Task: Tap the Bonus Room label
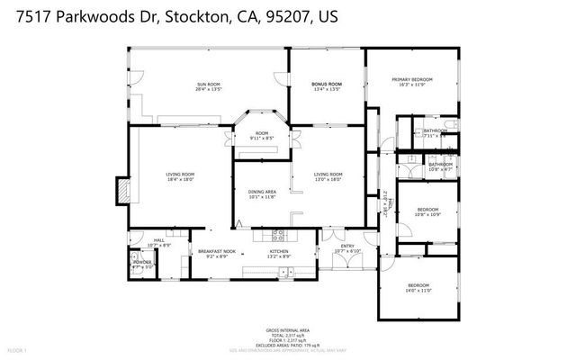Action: point(326,85)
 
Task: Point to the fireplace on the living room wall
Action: point(120,192)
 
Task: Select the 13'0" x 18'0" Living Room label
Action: point(328,176)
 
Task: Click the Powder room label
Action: point(143,265)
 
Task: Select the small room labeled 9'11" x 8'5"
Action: point(261,137)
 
